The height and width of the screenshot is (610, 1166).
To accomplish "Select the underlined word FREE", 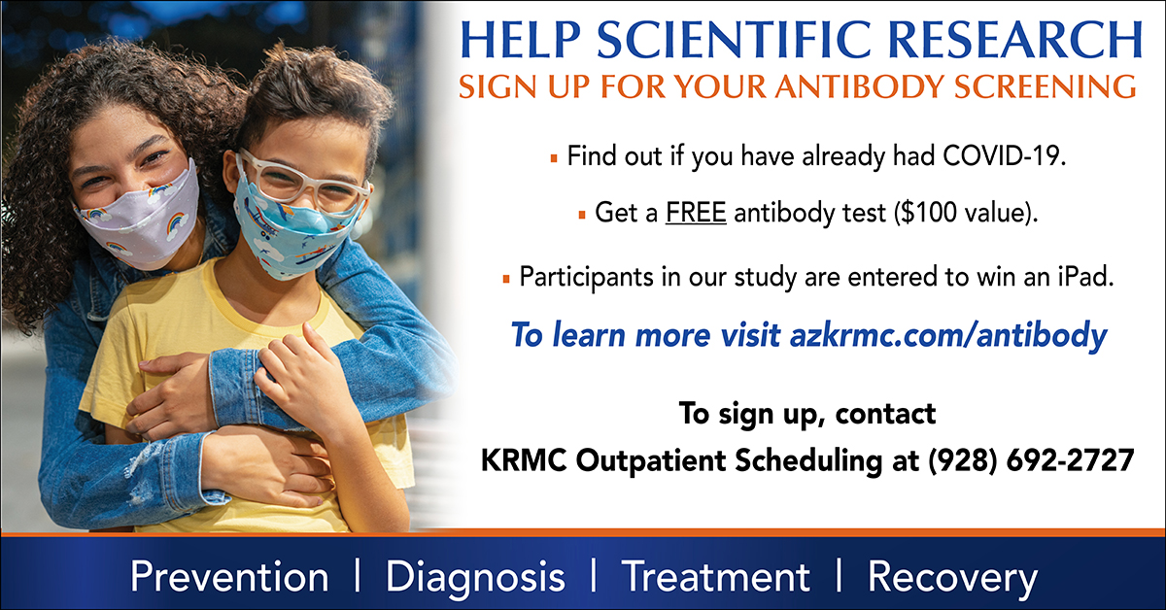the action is pos(696,213).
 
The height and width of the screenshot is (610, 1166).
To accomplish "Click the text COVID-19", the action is pos(1004,155).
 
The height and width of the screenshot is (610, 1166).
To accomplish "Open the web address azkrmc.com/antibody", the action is pos(948,335).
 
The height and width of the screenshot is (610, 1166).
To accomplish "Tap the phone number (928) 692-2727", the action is pos(1031,461).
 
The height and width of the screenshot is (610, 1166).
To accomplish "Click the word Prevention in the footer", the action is pos(229,576).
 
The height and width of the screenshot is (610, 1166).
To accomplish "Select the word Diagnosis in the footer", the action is pos(475,578).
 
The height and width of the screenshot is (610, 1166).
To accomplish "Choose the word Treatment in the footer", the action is pos(716,576).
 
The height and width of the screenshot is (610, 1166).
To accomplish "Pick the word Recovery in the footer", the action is pos(952,578).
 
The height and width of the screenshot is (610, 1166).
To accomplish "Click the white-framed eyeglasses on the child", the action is pos(304,181).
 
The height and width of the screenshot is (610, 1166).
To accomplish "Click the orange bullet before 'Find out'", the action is pos(554,157).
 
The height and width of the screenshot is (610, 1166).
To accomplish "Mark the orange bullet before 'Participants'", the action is pos(506,280).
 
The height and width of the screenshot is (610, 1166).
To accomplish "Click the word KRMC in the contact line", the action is pos(524,461).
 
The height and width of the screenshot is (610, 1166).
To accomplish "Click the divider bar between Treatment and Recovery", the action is pos(839,575).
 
